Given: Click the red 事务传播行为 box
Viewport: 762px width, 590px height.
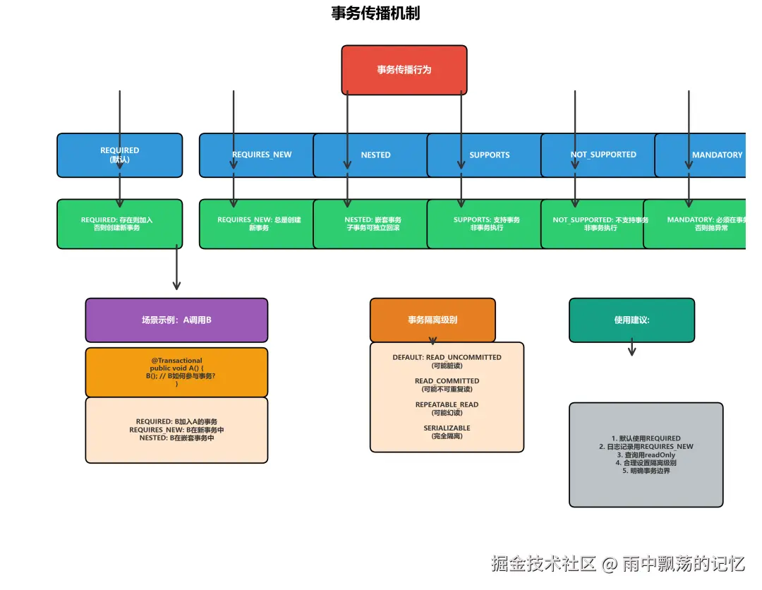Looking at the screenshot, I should point(404,70).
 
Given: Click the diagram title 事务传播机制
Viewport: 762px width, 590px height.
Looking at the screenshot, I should point(375,13).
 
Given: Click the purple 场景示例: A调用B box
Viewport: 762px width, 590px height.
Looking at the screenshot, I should point(176,320).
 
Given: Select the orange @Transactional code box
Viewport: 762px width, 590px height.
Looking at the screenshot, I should point(176,372).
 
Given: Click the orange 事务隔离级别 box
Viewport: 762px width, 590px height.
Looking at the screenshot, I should point(433,320).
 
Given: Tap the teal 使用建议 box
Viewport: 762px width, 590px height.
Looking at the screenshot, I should point(631,320).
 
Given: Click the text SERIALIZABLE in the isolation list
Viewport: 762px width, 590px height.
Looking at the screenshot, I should point(447,428).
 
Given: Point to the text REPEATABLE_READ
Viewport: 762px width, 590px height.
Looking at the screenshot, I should point(447,404).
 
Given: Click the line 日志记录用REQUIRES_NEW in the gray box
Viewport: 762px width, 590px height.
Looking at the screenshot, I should point(646,447).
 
